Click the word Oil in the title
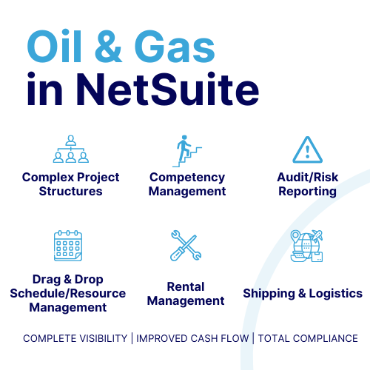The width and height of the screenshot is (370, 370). click(x=54, y=46)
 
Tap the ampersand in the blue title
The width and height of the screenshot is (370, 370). click(x=109, y=47)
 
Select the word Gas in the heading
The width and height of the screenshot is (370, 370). click(x=175, y=47)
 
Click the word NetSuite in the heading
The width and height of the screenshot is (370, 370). click(x=168, y=89)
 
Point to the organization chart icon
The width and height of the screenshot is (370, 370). click(x=71, y=149)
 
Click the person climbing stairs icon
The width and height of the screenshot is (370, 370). click(x=187, y=151)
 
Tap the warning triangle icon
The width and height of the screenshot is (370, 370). click(x=307, y=149)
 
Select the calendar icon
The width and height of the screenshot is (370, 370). click(x=68, y=246)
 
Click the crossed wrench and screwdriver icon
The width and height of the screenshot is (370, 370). click(x=186, y=246)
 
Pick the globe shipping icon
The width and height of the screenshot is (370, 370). click(x=306, y=246)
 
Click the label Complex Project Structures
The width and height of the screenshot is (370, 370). click(x=71, y=184)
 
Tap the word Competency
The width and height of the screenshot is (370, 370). click(x=187, y=178)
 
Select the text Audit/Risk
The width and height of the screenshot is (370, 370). click(x=308, y=177)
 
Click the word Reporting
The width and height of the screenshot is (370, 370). click(x=308, y=192)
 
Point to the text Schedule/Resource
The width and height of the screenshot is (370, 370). click(x=68, y=293)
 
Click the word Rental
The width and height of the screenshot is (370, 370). click(x=186, y=286)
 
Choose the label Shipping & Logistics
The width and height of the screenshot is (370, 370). click(x=303, y=294)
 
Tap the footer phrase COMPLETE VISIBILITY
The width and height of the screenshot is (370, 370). click(x=75, y=338)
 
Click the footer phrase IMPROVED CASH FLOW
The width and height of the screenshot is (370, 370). click(x=192, y=338)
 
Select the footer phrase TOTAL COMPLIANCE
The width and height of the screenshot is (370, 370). click(x=308, y=338)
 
